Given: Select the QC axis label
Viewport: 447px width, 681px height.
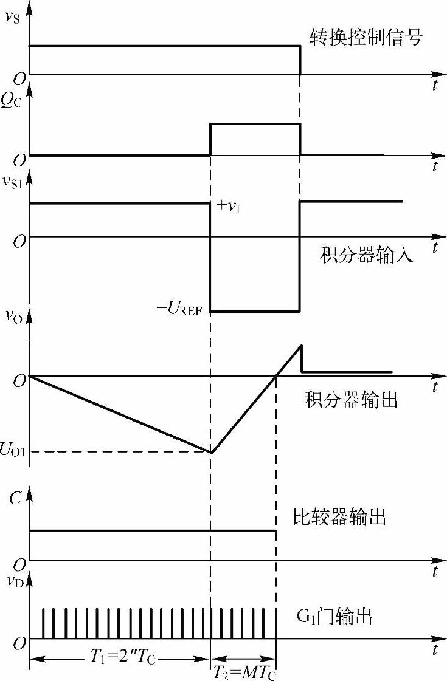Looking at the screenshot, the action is point(12,101).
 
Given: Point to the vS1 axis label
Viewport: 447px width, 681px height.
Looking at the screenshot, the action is point(13,182).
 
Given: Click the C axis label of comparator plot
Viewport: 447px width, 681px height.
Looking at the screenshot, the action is point(15,499).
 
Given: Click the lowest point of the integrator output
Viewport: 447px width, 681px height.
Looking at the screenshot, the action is point(210,453).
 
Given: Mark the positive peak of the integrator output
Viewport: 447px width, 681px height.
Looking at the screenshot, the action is point(300,346).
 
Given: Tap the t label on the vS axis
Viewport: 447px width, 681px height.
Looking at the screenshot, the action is point(435,86).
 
